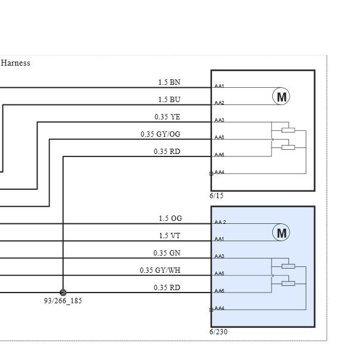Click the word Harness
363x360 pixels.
point(16,63)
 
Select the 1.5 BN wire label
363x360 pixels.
point(169,82)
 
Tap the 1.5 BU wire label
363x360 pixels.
point(169,100)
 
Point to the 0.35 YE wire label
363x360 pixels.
point(167,116)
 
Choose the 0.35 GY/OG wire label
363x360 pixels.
point(161,134)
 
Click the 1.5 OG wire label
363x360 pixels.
point(170,219)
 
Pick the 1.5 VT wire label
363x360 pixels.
point(170,236)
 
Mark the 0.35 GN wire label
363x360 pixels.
point(167,253)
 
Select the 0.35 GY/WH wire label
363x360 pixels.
point(160,270)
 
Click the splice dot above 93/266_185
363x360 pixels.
point(63,293)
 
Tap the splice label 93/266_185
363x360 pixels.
point(63,301)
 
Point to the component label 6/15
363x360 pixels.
point(217,196)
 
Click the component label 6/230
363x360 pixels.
point(219,332)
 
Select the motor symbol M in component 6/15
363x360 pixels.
point(281,96)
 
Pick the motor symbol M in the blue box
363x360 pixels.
point(281,232)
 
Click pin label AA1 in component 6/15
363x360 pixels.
point(219,86)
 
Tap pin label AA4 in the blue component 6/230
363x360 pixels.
point(219,308)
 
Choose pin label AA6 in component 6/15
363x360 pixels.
point(219,155)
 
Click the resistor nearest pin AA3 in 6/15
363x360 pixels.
point(288,130)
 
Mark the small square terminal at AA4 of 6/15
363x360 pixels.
point(211,174)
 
